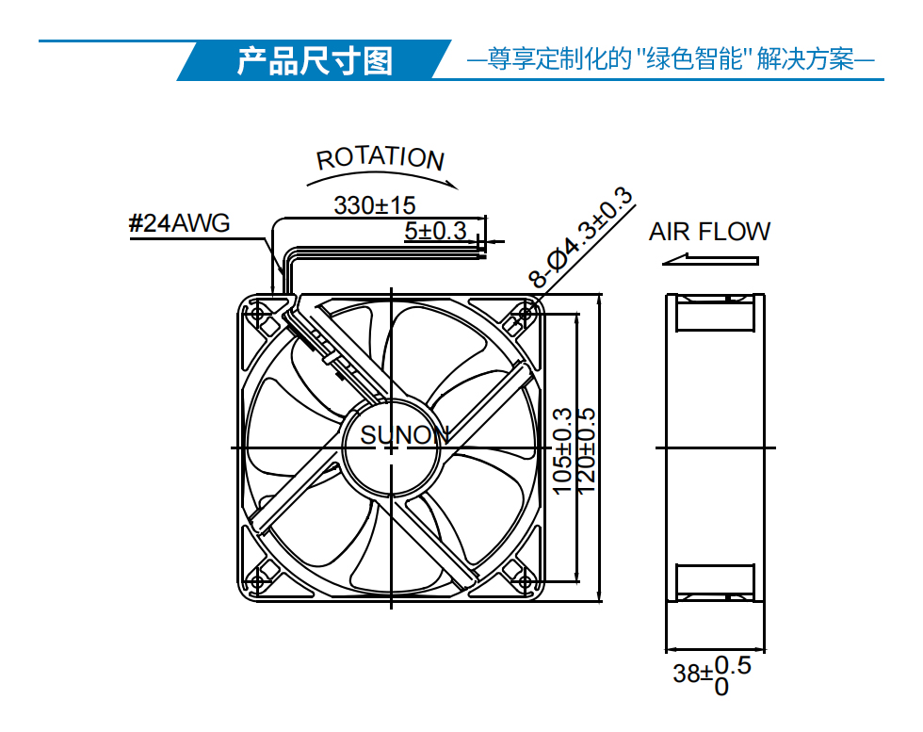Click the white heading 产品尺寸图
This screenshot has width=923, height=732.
[315, 61]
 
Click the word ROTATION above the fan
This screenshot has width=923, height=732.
[381, 158]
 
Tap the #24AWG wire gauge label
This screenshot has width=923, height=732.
[179, 223]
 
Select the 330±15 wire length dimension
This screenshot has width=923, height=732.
[375, 205]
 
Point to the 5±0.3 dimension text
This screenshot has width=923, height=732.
[435, 231]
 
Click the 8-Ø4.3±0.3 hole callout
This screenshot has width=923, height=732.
[581, 236]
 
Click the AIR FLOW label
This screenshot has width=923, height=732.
[709, 232]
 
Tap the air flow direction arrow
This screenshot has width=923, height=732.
[710, 260]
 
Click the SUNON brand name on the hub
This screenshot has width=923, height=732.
[405, 435]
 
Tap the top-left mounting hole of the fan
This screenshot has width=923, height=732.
[257, 313]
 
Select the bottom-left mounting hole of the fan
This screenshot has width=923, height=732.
[257, 582]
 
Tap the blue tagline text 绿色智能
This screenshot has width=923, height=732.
[694, 59]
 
